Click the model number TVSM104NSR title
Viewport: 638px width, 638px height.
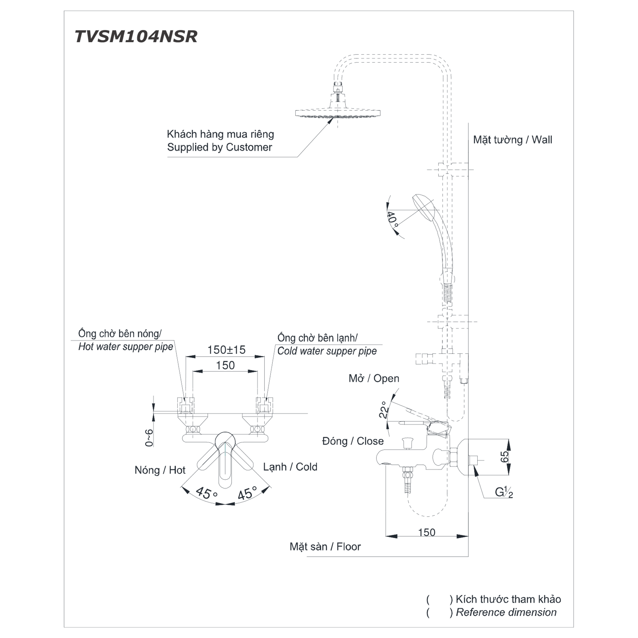(x=136, y=36)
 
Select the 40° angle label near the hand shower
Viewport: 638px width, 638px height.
(x=393, y=219)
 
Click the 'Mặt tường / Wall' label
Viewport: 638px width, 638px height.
(x=513, y=140)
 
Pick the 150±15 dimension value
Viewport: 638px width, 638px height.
(x=226, y=350)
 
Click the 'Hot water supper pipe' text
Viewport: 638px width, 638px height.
(x=126, y=347)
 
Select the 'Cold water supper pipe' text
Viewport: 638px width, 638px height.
(x=327, y=351)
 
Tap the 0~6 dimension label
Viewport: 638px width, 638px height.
(x=149, y=438)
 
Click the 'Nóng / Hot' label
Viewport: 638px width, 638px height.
(x=160, y=470)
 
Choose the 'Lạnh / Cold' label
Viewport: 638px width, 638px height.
(x=290, y=467)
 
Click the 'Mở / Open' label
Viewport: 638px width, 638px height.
(x=374, y=378)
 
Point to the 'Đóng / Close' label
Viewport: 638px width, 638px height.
(x=353, y=441)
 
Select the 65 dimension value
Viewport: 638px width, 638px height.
(x=505, y=457)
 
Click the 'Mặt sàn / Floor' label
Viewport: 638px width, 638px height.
(x=325, y=546)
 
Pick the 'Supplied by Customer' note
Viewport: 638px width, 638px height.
(x=219, y=147)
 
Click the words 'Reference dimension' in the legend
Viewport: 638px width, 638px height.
(x=506, y=612)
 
